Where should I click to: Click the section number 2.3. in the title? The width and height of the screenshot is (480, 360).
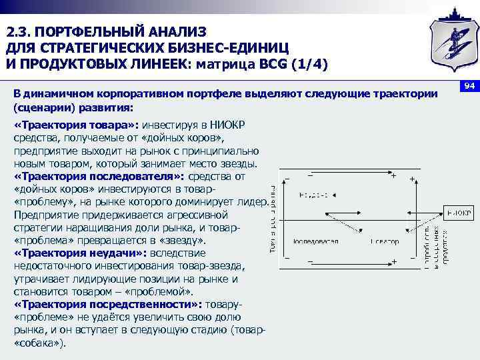pyautogui.click(x=20, y=32)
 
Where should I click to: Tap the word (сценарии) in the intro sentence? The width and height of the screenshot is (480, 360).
pyautogui.click(x=44, y=107)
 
